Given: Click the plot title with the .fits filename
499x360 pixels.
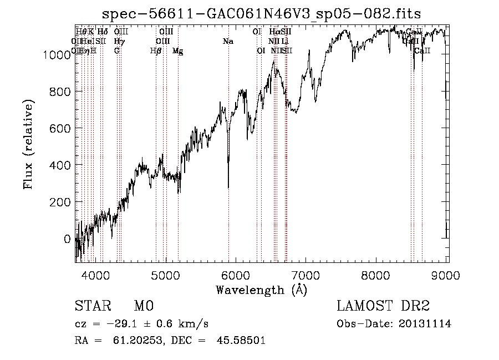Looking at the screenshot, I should click(262, 14).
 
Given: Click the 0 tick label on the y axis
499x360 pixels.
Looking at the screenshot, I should click(68, 239).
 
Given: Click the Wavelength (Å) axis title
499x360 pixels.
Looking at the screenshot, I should click(261, 290).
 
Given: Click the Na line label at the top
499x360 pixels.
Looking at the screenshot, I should click(228, 41).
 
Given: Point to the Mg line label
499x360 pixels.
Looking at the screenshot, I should click(177, 51).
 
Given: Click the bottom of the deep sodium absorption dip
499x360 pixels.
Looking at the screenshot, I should click(228, 187).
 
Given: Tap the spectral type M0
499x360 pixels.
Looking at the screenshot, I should click(142, 306).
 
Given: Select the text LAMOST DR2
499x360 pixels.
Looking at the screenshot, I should click(383, 306).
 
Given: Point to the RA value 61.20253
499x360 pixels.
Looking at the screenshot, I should click(128, 341).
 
